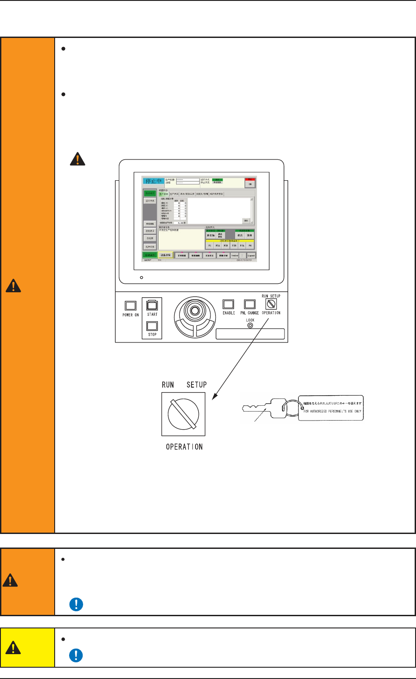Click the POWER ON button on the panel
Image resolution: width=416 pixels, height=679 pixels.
131,306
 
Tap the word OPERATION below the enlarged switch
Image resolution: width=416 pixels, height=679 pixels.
184,447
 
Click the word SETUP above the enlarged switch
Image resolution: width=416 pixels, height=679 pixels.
196,384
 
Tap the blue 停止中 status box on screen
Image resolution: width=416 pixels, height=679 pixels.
153,181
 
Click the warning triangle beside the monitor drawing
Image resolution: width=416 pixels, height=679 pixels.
78,159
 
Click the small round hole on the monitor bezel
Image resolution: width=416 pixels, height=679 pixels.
142,276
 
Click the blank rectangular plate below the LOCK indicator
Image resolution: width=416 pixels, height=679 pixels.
250,334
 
